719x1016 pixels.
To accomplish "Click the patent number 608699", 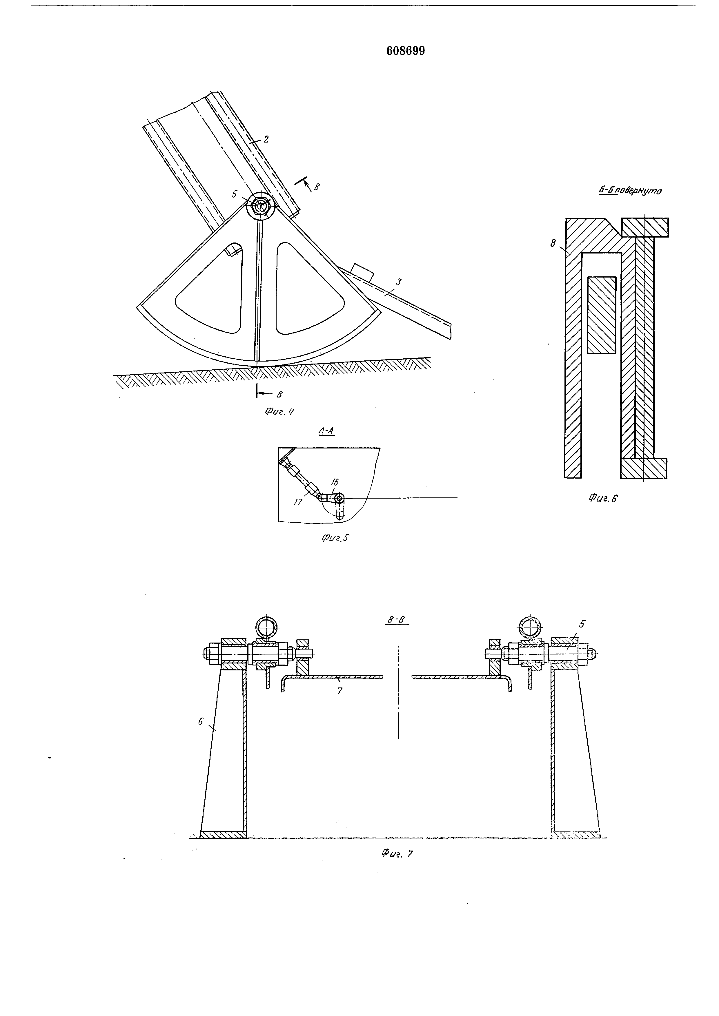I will coord(406,51).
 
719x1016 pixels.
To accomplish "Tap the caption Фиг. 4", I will coord(279,412).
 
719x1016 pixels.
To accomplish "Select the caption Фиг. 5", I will coord(335,538).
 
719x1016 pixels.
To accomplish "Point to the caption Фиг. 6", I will coord(603,498).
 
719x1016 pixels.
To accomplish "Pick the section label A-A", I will coord(326,431).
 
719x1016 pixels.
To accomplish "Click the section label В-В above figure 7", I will coord(396,620).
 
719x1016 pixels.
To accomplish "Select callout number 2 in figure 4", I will coord(266,139).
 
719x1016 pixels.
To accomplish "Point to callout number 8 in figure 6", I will coord(553,243).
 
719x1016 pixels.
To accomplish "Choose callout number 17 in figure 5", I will coord(298,502).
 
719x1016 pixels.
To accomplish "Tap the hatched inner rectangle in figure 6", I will coord(602,315).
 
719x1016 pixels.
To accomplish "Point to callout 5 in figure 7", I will coord(582,624).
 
